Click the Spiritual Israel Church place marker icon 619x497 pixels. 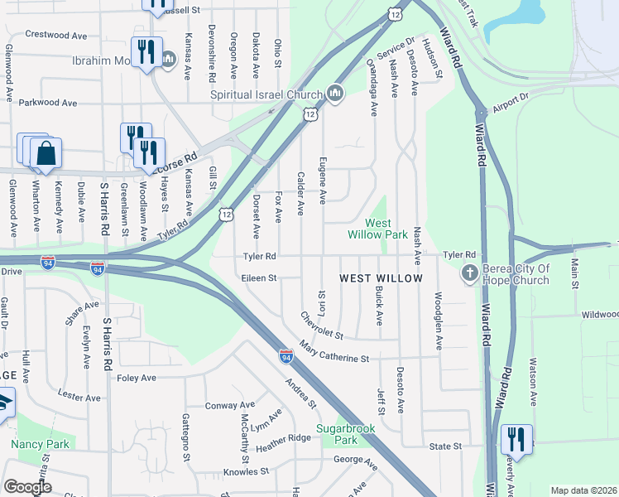coord(335,93)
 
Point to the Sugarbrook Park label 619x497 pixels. coord(346,434)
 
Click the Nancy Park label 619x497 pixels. coord(40,444)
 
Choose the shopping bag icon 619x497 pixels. coord(46,154)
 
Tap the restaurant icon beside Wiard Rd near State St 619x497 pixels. coord(516,439)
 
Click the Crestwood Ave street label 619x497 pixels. coord(56,36)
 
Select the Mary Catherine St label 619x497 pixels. coord(333,352)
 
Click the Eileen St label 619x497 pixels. coord(259,278)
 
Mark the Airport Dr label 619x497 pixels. coord(510,103)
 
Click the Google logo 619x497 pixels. coord(28,487)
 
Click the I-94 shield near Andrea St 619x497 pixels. coord(286,356)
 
